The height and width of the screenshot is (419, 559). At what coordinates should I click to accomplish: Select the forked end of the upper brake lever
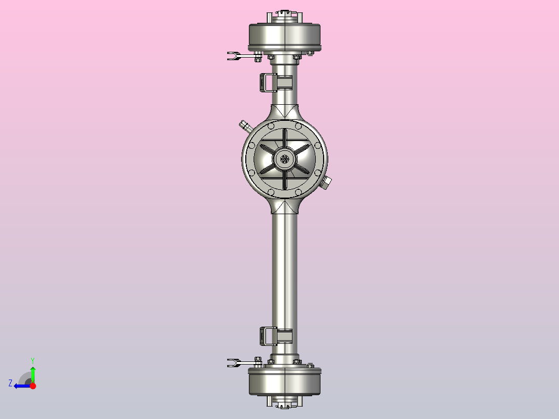(x=232, y=55)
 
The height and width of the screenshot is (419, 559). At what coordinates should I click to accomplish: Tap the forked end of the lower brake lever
(x=232, y=362)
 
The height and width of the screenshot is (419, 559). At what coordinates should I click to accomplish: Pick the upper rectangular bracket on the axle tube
(x=267, y=82)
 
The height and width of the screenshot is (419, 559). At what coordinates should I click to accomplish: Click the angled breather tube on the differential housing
(x=244, y=125)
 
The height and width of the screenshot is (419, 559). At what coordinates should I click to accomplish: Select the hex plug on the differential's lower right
(x=327, y=183)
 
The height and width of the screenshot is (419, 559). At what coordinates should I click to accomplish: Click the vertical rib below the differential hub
(x=285, y=179)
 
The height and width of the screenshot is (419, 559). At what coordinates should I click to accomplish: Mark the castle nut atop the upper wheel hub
(x=285, y=13)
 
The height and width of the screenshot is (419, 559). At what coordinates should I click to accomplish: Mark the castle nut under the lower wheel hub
(x=285, y=404)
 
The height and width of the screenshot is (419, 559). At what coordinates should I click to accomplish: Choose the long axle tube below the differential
(x=285, y=270)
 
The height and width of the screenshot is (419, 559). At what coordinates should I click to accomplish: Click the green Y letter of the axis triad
(x=32, y=360)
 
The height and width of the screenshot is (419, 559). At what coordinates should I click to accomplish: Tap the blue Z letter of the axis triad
(x=10, y=383)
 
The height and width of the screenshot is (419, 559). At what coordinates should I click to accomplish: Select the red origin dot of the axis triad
(x=32, y=386)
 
